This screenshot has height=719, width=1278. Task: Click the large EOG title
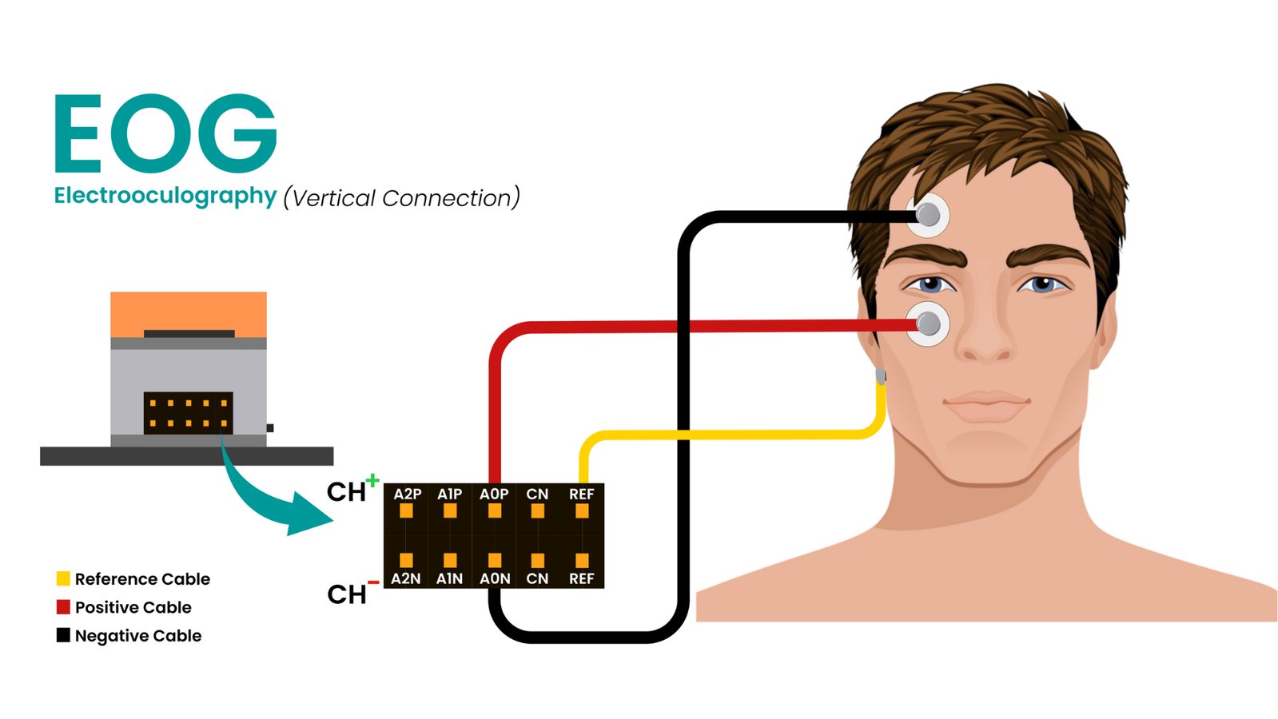coord(165,133)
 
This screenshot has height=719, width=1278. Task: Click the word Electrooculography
coord(165,196)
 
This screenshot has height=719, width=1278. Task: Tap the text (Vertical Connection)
coord(401,197)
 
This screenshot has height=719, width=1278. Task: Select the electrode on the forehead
coord(928,215)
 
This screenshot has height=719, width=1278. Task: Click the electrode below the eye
coord(928,324)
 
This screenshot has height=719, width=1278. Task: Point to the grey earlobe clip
coord(881,375)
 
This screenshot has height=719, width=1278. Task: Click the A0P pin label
coord(494,495)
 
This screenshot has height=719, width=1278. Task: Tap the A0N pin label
coord(495,578)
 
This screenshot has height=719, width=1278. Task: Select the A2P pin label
coord(407,495)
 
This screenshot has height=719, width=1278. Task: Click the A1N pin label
coord(450,578)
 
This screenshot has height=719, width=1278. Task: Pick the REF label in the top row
coord(581,495)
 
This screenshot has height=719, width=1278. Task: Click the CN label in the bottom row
coord(537,578)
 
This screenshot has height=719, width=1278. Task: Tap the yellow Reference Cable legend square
coord(63,578)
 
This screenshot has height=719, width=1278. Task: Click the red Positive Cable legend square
coord(63,607)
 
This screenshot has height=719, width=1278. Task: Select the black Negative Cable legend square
coord(63,635)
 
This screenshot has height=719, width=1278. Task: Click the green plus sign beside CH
coord(372,480)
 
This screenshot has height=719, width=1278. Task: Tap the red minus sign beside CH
coord(372,582)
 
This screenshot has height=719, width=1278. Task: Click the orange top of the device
coord(188,312)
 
